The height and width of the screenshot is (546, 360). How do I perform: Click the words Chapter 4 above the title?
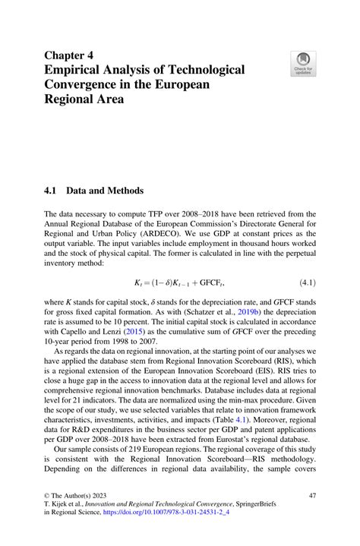point(69,55)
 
